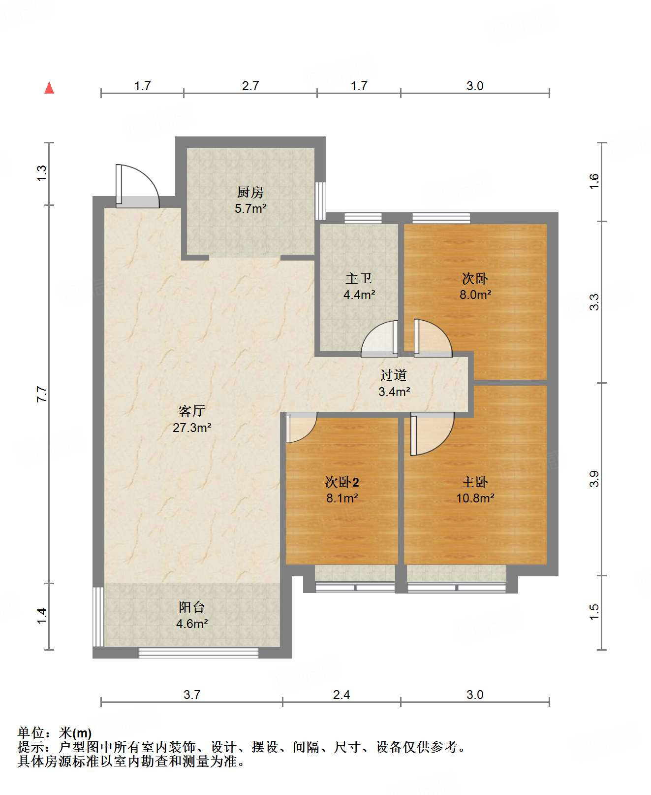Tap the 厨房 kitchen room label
(x=250, y=192)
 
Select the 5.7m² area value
(x=250, y=208)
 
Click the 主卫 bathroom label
(x=359, y=278)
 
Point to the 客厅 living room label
(x=192, y=411)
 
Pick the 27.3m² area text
(x=192, y=428)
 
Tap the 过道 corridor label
(x=394, y=375)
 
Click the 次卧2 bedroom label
(x=342, y=482)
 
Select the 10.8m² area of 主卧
(x=475, y=498)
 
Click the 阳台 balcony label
(x=192, y=607)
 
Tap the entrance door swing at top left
(x=137, y=186)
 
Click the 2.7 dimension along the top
(x=250, y=86)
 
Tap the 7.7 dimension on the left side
(x=42, y=395)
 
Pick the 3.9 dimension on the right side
(x=594, y=479)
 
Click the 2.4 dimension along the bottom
(x=341, y=695)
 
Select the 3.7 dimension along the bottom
(x=192, y=695)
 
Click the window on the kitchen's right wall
(x=320, y=200)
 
